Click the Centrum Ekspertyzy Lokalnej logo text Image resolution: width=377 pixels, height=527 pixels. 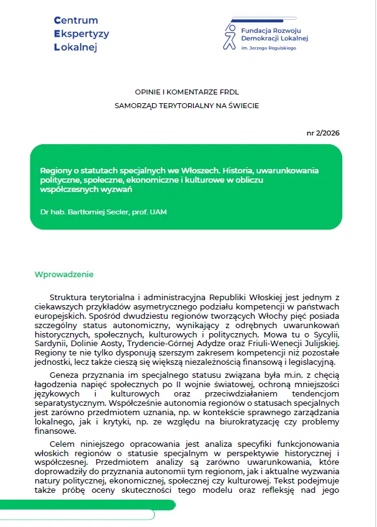81,34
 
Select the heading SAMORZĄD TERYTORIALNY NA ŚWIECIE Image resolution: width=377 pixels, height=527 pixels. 187,105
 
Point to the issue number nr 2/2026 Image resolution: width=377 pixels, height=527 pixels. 324,132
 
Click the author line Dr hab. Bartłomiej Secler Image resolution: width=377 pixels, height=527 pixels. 104,213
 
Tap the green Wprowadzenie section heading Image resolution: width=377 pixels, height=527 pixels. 64,275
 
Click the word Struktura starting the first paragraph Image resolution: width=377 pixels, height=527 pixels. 70,298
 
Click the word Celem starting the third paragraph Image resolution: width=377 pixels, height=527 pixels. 63,442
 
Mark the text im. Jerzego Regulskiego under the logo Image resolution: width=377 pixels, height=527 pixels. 268,47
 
